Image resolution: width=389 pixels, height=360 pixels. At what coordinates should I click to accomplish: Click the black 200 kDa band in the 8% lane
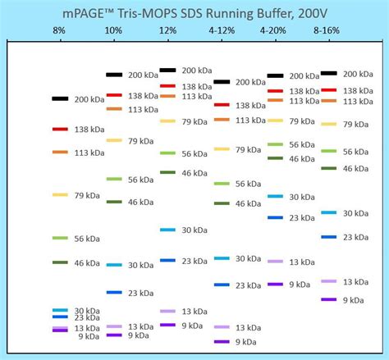click(60, 98)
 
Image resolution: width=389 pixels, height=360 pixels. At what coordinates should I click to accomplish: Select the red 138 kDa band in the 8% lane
click(60, 130)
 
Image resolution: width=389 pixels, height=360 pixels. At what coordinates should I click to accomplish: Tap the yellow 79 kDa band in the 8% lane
click(60, 194)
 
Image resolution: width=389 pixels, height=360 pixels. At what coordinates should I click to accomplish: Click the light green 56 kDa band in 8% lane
click(60, 238)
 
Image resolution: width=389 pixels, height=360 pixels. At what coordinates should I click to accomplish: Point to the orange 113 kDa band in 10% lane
click(114, 109)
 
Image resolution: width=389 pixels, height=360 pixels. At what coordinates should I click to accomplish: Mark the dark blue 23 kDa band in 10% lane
click(114, 292)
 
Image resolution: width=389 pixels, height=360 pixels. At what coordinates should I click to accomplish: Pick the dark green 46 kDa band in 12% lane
click(167, 172)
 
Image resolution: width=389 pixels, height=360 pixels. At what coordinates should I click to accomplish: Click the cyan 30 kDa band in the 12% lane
click(167, 230)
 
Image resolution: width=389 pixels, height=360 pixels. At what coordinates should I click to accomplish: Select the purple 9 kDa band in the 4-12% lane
click(222, 341)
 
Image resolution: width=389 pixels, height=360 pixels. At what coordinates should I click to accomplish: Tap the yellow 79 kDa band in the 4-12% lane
click(222, 149)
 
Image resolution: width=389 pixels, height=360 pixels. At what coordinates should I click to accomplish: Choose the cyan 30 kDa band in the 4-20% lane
click(275, 197)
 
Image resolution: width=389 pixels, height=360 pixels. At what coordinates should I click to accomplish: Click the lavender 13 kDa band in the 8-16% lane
click(329, 281)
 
